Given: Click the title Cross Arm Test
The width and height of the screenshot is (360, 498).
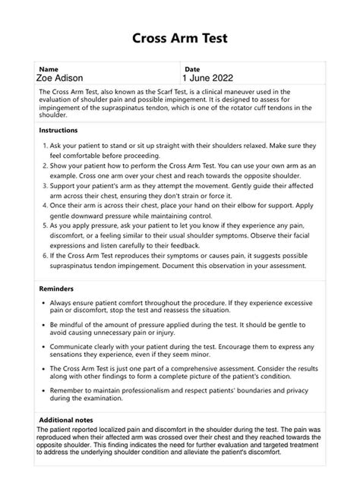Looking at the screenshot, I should [x=180, y=38].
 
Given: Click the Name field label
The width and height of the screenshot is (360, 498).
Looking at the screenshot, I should [x=49, y=68].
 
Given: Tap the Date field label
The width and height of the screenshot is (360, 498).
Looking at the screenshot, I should [x=192, y=68].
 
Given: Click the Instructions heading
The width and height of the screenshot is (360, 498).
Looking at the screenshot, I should [x=58, y=130].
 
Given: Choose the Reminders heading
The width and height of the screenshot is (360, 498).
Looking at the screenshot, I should [x=56, y=289].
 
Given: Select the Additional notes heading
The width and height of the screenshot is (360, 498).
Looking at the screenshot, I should [x=68, y=420].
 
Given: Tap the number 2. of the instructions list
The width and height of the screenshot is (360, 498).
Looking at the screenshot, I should [x=44, y=165].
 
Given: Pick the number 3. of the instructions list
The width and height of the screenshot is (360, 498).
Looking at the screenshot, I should [x=44, y=185].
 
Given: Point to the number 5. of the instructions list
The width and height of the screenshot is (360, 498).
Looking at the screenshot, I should [x=44, y=225].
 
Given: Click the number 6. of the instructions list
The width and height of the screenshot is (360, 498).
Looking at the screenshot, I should [x=44, y=257].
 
